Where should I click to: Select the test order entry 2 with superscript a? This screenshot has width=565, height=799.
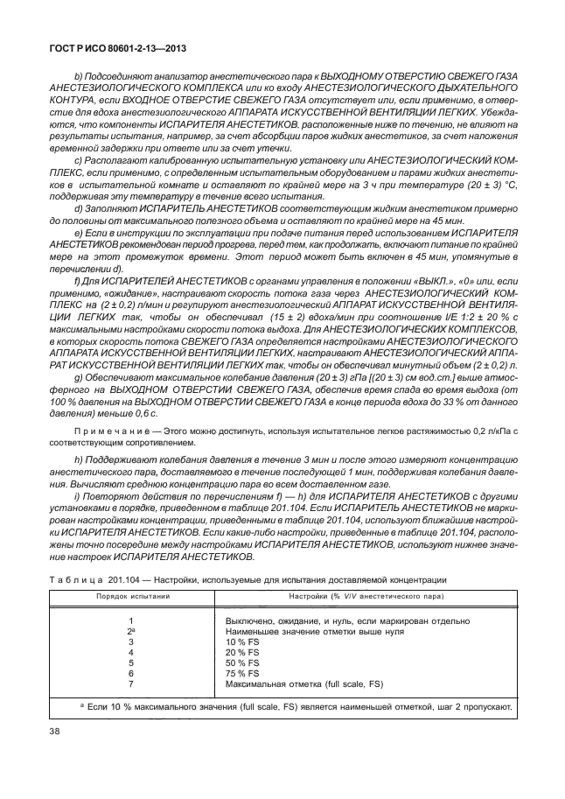click(129, 631)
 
